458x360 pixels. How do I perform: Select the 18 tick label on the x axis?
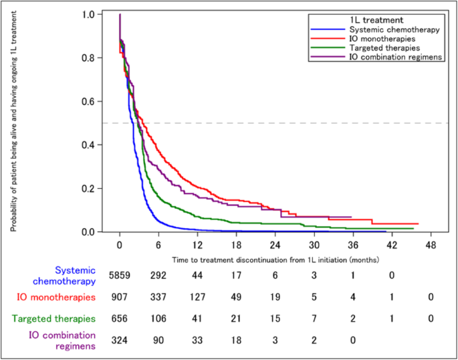[x=236, y=244]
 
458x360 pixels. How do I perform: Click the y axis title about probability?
[x=13, y=123]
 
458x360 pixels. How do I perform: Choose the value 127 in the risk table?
[x=197, y=296]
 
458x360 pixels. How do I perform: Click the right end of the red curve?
[x=418, y=223]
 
